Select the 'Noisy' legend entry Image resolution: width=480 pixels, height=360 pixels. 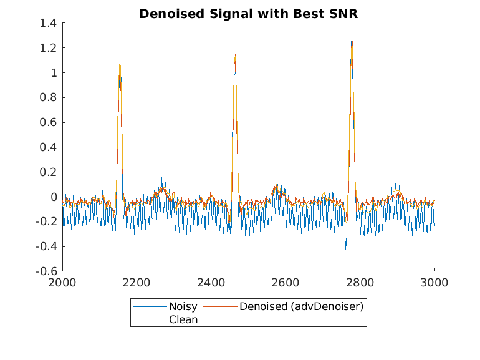pyautogui.click(x=183, y=306)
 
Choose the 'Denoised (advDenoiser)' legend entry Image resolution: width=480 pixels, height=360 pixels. pyautogui.click(x=301, y=306)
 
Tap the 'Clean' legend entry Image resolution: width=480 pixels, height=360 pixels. pyautogui.click(x=183, y=319)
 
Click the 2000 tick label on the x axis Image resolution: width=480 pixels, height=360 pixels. pyautogui.click(x=62, y=282)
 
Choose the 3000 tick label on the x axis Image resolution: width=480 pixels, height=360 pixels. pyautogui.click(x=434, y=282)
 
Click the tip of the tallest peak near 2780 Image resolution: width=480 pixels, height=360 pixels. pyautogui.click(x=352, y=39)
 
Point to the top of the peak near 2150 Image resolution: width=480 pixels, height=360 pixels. pyautogui.click(x=120, y=64)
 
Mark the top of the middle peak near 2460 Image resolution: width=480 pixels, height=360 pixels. pyautogui.click(x=235, y=54)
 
